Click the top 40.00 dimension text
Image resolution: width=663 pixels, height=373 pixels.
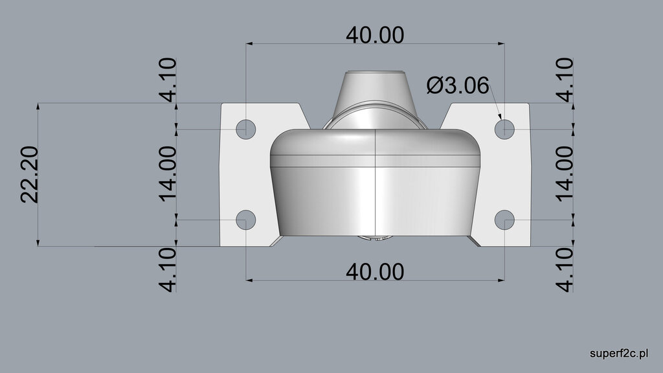pos(375,34)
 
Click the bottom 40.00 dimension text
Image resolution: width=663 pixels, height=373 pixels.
pos(375,271)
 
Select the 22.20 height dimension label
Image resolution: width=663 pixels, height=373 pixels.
pos(30,174)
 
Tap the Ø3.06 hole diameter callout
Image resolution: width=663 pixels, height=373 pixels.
pos(458,85)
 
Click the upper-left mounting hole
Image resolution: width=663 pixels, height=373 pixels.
pos(245,129)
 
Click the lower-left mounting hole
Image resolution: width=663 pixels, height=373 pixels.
pos(245,220)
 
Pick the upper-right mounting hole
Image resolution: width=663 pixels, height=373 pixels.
pos(505,128)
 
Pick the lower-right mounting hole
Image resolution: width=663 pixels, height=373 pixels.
pos(505,220)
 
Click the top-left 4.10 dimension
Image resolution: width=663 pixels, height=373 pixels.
pos(167,80)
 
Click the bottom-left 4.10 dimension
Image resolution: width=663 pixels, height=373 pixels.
pos(167,269)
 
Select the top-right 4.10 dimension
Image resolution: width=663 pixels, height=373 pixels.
pos(564,80)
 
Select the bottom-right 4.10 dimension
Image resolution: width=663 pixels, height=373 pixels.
pos(564,269)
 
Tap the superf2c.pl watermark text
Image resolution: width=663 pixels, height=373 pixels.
pos(620,353)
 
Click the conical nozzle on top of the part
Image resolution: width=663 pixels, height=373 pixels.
pos(375,87)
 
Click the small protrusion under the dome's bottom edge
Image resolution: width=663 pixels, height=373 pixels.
pos(376,238)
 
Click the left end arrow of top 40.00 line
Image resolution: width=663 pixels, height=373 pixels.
pos(249,44)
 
